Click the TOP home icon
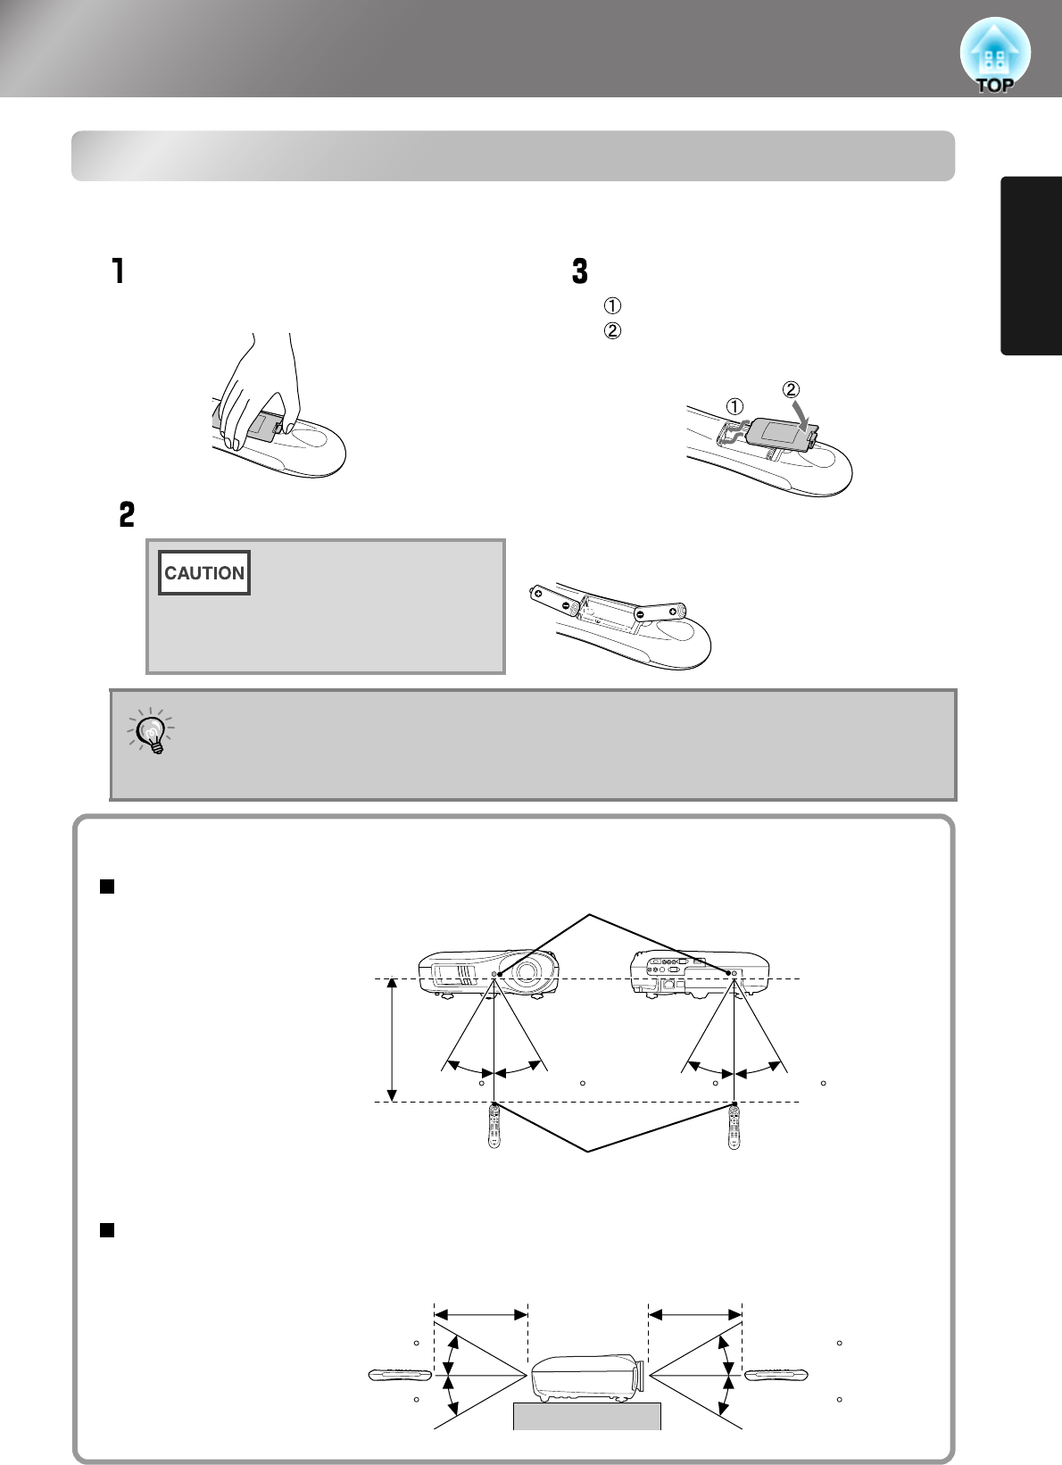coord(994,56)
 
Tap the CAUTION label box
coord(204,573)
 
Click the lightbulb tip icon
coord(153,732)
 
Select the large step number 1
coord(118,271)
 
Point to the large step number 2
coord(127,514)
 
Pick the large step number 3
coord(580,271)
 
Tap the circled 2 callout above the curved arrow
coord(791,389)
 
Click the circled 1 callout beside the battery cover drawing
coord(734,406)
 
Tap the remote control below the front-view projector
coord(494,1127)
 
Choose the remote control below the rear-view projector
coord(734,1127)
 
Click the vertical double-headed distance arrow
coord(391,1040)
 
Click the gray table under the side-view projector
coord(586,1416)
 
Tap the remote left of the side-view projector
coord(400,1375)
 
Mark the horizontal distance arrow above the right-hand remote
coord(695,1314)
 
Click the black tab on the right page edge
coord(1032,266)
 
